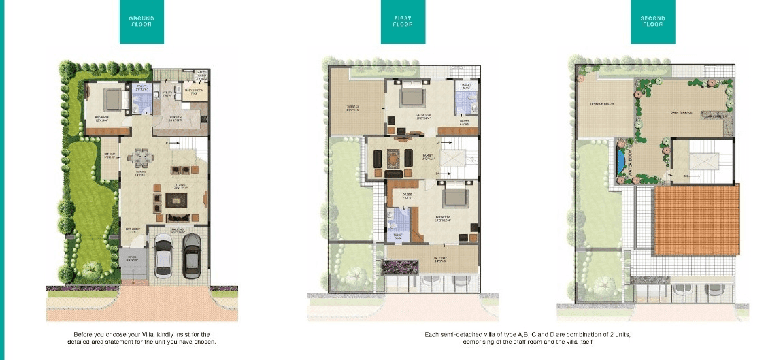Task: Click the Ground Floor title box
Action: point(142,22)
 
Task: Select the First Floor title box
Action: point(403,22)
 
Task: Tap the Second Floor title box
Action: point(652,22)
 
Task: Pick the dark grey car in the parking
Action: point(192,252)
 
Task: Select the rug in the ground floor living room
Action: point(177,199)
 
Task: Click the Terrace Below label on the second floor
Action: point(602,103)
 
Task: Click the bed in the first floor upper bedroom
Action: point(412,97)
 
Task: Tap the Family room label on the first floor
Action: point(427,156)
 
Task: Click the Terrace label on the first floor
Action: point(352,106)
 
